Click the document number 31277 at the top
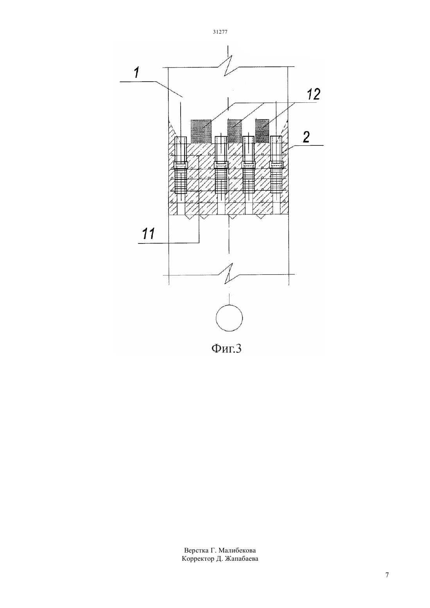pyautogui.click(x=220, y=32)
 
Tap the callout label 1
pyautogui.click(x=136, y=73)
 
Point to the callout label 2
pyautogui.click(x=306, y=137)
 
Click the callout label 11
pyautogui.click(x=148, y=234)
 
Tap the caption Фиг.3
pyautogui.click(x=226, y=349)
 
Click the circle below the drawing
pyautogui.click(x=229, y=318)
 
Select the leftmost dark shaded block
pyautogui.click(x=201, y=131)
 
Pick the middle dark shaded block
pyautogui.click(x=234, y=131)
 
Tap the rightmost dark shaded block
pyautogui.click(x=262, y=131)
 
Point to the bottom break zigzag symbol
pyautogui.click(x=230, y=274)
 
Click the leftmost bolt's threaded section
pyautogui.click(x=181, y=181)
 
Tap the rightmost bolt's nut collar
pyautogui.click(x=277, y=165)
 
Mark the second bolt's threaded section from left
pyautogui.click(x=221, y=181)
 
